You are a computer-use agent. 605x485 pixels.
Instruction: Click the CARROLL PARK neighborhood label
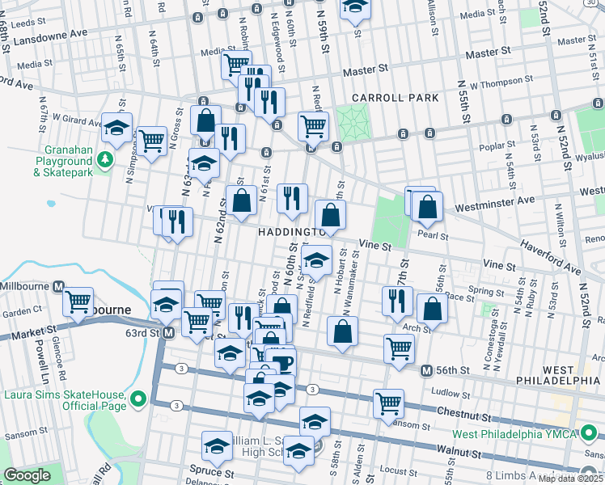click(x=395, y=98)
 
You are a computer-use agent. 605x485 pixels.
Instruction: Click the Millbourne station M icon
click(x=58, y=287)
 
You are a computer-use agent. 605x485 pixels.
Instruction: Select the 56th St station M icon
click(x=426, y=370)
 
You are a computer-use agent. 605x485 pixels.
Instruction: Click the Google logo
click(x=27, y=475)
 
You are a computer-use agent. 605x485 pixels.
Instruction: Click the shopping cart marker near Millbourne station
click(x=78, y=302)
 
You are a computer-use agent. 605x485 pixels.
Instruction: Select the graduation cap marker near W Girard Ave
click(x=117, y=128)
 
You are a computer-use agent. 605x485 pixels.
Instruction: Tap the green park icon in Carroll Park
click(x=351, y=123)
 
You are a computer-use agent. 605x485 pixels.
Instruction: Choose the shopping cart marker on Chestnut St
click(x=389, y=402)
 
